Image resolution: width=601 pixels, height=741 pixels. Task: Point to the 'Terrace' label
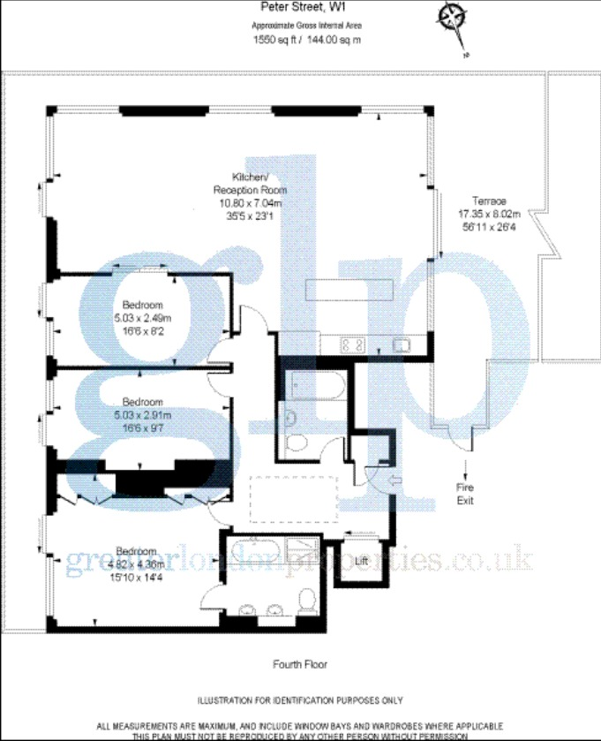pyautogui.click(x=488, y=200)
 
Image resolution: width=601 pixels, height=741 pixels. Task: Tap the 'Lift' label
pyautogui.click(x=361, y=560)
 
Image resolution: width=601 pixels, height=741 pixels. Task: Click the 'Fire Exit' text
pyautogui.click(x=465, y=493)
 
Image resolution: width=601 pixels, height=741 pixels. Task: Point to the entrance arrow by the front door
pyautogui.click(x=394, y=480)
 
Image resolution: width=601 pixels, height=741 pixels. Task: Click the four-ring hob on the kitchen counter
pyautogui.click(x=352, y=345)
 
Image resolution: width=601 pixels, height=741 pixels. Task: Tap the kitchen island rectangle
pyautogui.click(x=349, y=290)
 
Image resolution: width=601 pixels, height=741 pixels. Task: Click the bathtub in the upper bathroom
pyautogui.click(x=310, y=385)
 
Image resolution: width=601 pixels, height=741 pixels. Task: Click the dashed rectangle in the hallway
pyautogui.click(x=295, y=499)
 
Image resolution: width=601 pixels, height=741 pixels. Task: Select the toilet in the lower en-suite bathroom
pyautogui.click(x=307, y=603)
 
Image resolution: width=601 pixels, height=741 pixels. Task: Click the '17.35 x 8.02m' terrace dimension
pyautogui.click(x=489, y=213)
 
